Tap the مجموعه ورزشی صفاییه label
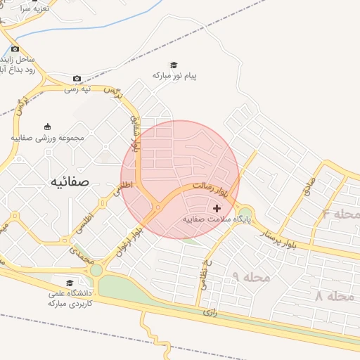point(47,138)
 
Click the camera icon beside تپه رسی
point(77,78)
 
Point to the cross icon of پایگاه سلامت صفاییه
point(216,208)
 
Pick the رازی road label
point(208,311)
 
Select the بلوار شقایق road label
point(135,129)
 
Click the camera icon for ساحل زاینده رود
point(15,49)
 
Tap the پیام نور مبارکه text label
point(174,75)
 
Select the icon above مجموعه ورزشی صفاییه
point(47,127)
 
